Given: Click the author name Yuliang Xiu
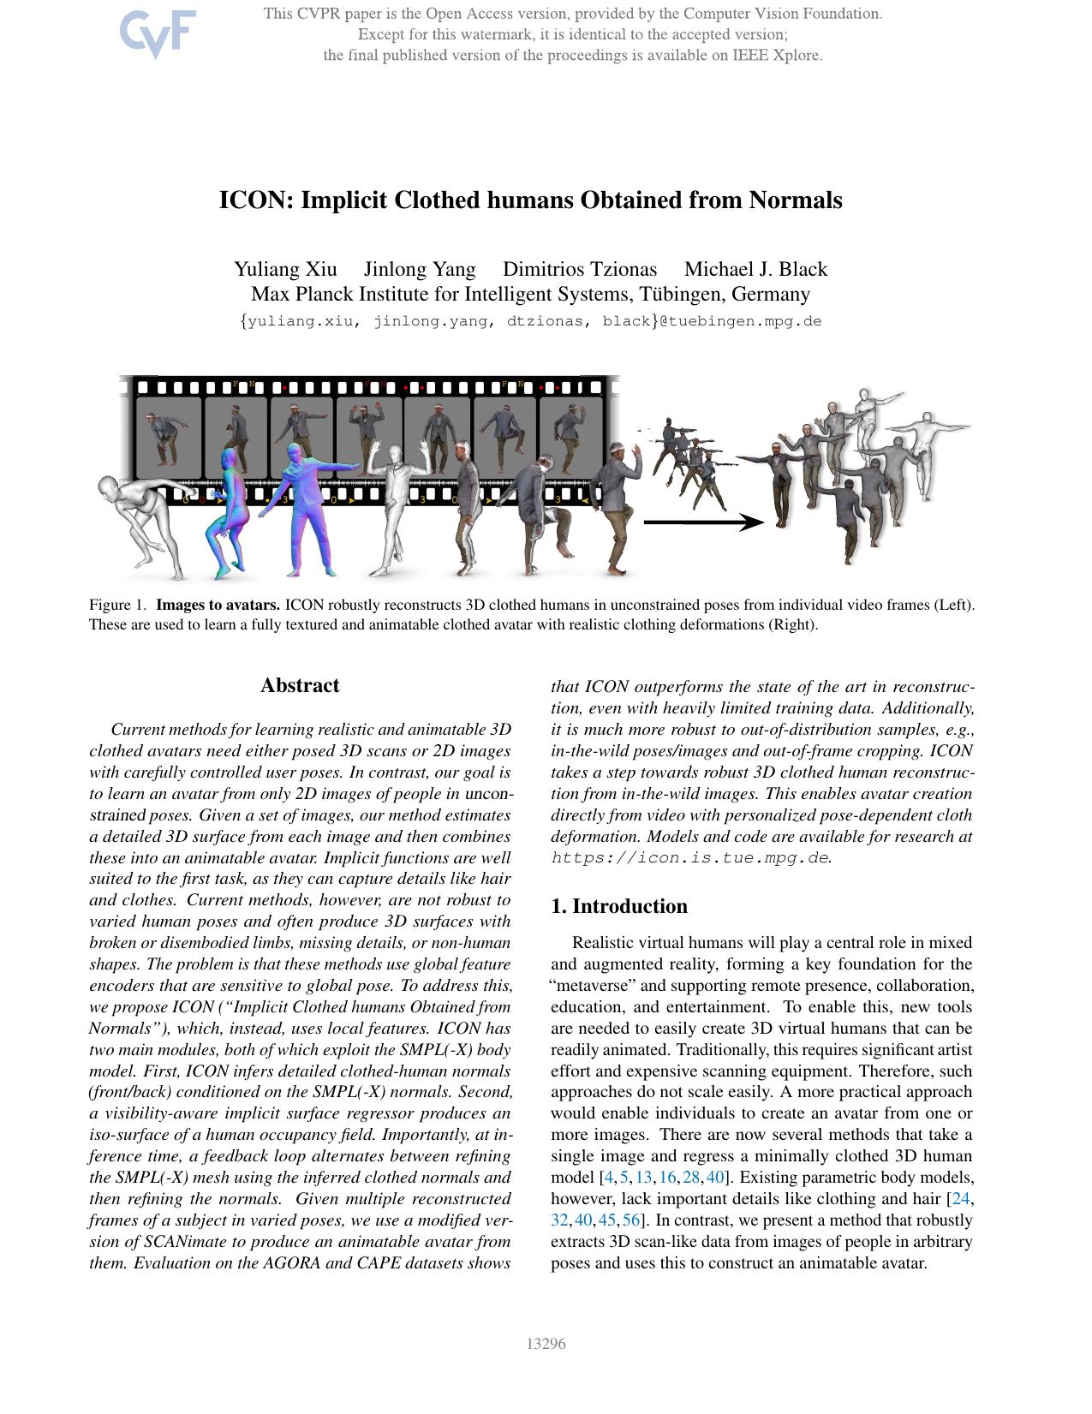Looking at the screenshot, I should pyautogui.click(x=285, y=269).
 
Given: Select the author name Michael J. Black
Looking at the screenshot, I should pyautogui.click(x=755, y=269).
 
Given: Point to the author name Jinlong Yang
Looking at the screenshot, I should pyautogui.click(x=420, y=269).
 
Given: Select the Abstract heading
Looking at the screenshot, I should pyautogui.click(x=300, y=685).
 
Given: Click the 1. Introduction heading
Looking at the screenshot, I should pyautogui.click(x=618, y=906).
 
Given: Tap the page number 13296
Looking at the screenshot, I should pyautogui.click(x=546, y=1343).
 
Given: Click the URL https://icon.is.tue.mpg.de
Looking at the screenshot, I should pyautogui.click(x=689, y=857).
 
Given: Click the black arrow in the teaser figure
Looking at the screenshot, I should pyautogui.click(x=702, y=522).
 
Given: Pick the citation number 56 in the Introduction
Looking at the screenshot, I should pyautogui.click(x=631, y=1220).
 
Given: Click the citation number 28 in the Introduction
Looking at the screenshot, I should pyautogui.click(x=691, y=1177).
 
